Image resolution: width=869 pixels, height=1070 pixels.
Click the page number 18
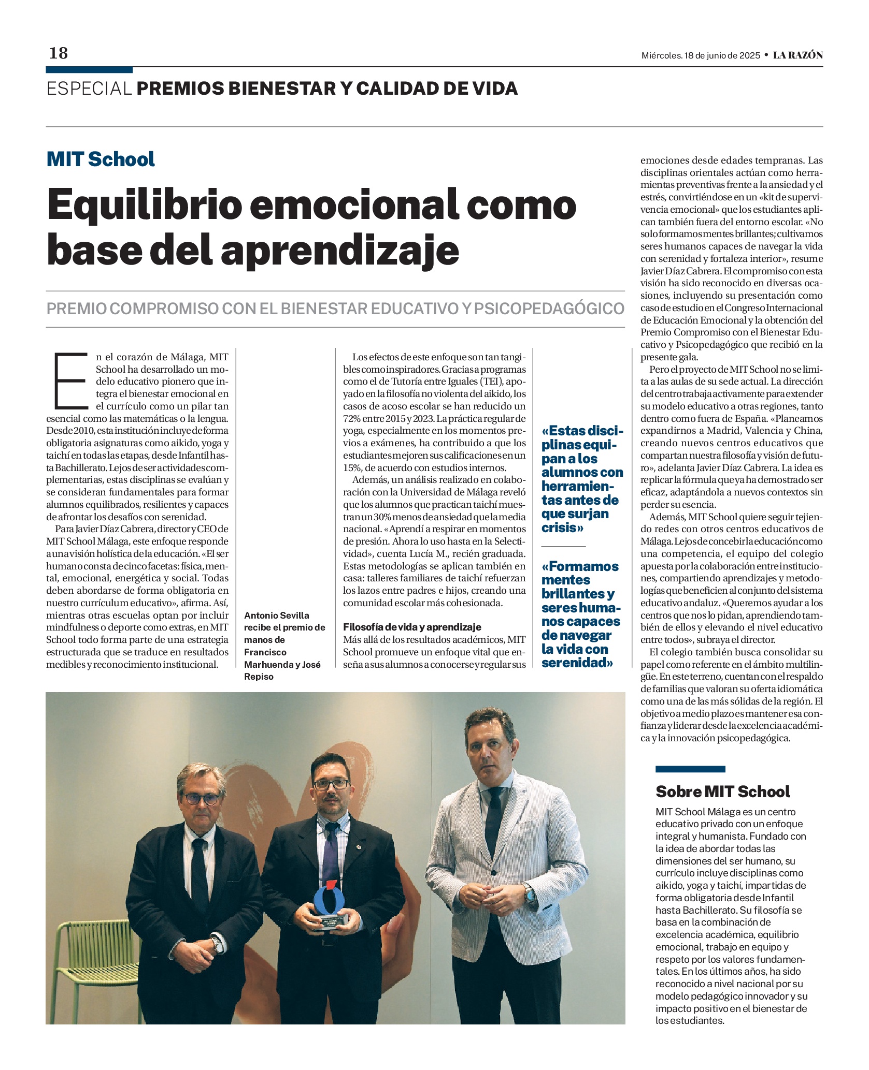pos(59,53)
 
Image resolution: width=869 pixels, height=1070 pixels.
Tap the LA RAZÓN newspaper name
pos(797,55)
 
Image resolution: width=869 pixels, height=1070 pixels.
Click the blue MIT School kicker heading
pos(101,159)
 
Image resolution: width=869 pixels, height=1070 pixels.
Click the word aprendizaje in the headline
pos(340,251)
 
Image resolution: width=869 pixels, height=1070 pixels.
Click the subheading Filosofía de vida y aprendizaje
pos(412,627)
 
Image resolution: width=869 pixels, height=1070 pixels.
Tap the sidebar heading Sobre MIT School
pos(723,791)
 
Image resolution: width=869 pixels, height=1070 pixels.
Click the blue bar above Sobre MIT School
pos(690,769)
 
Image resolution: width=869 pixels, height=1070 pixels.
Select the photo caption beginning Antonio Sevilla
pos(284,646)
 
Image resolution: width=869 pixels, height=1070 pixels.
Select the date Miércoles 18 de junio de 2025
pos(701,55)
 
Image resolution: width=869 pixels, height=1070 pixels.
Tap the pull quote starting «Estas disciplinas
pos(582,479)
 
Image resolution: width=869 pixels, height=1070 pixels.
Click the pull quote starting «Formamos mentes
pos(581,614)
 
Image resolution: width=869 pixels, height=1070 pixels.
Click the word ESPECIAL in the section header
pos(89,89)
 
